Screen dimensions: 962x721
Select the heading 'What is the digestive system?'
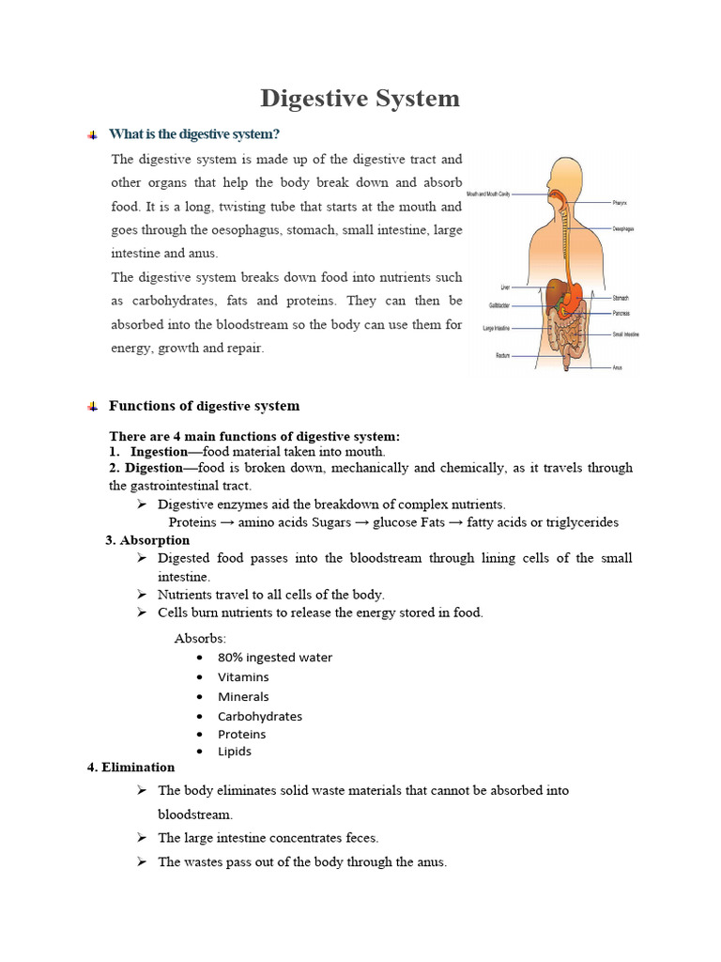coord(194,134)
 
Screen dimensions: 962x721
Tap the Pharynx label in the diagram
coord(619,202)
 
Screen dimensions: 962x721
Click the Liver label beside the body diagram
coord(504,287)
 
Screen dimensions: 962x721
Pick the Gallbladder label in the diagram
coord(499,304)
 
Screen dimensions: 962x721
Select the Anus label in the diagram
coord(617,367)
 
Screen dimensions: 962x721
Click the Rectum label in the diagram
coord(502,355)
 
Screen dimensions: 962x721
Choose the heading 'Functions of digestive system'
coord(204,406)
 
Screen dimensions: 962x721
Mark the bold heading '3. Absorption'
coord(147,540)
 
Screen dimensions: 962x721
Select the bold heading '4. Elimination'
coord(130,767)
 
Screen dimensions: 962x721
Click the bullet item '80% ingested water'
coord(275,657)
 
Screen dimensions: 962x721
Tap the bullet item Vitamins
coord(243,676)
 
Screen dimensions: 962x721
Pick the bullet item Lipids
coord(235,751)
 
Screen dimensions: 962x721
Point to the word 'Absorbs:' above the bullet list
coord(200,638)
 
